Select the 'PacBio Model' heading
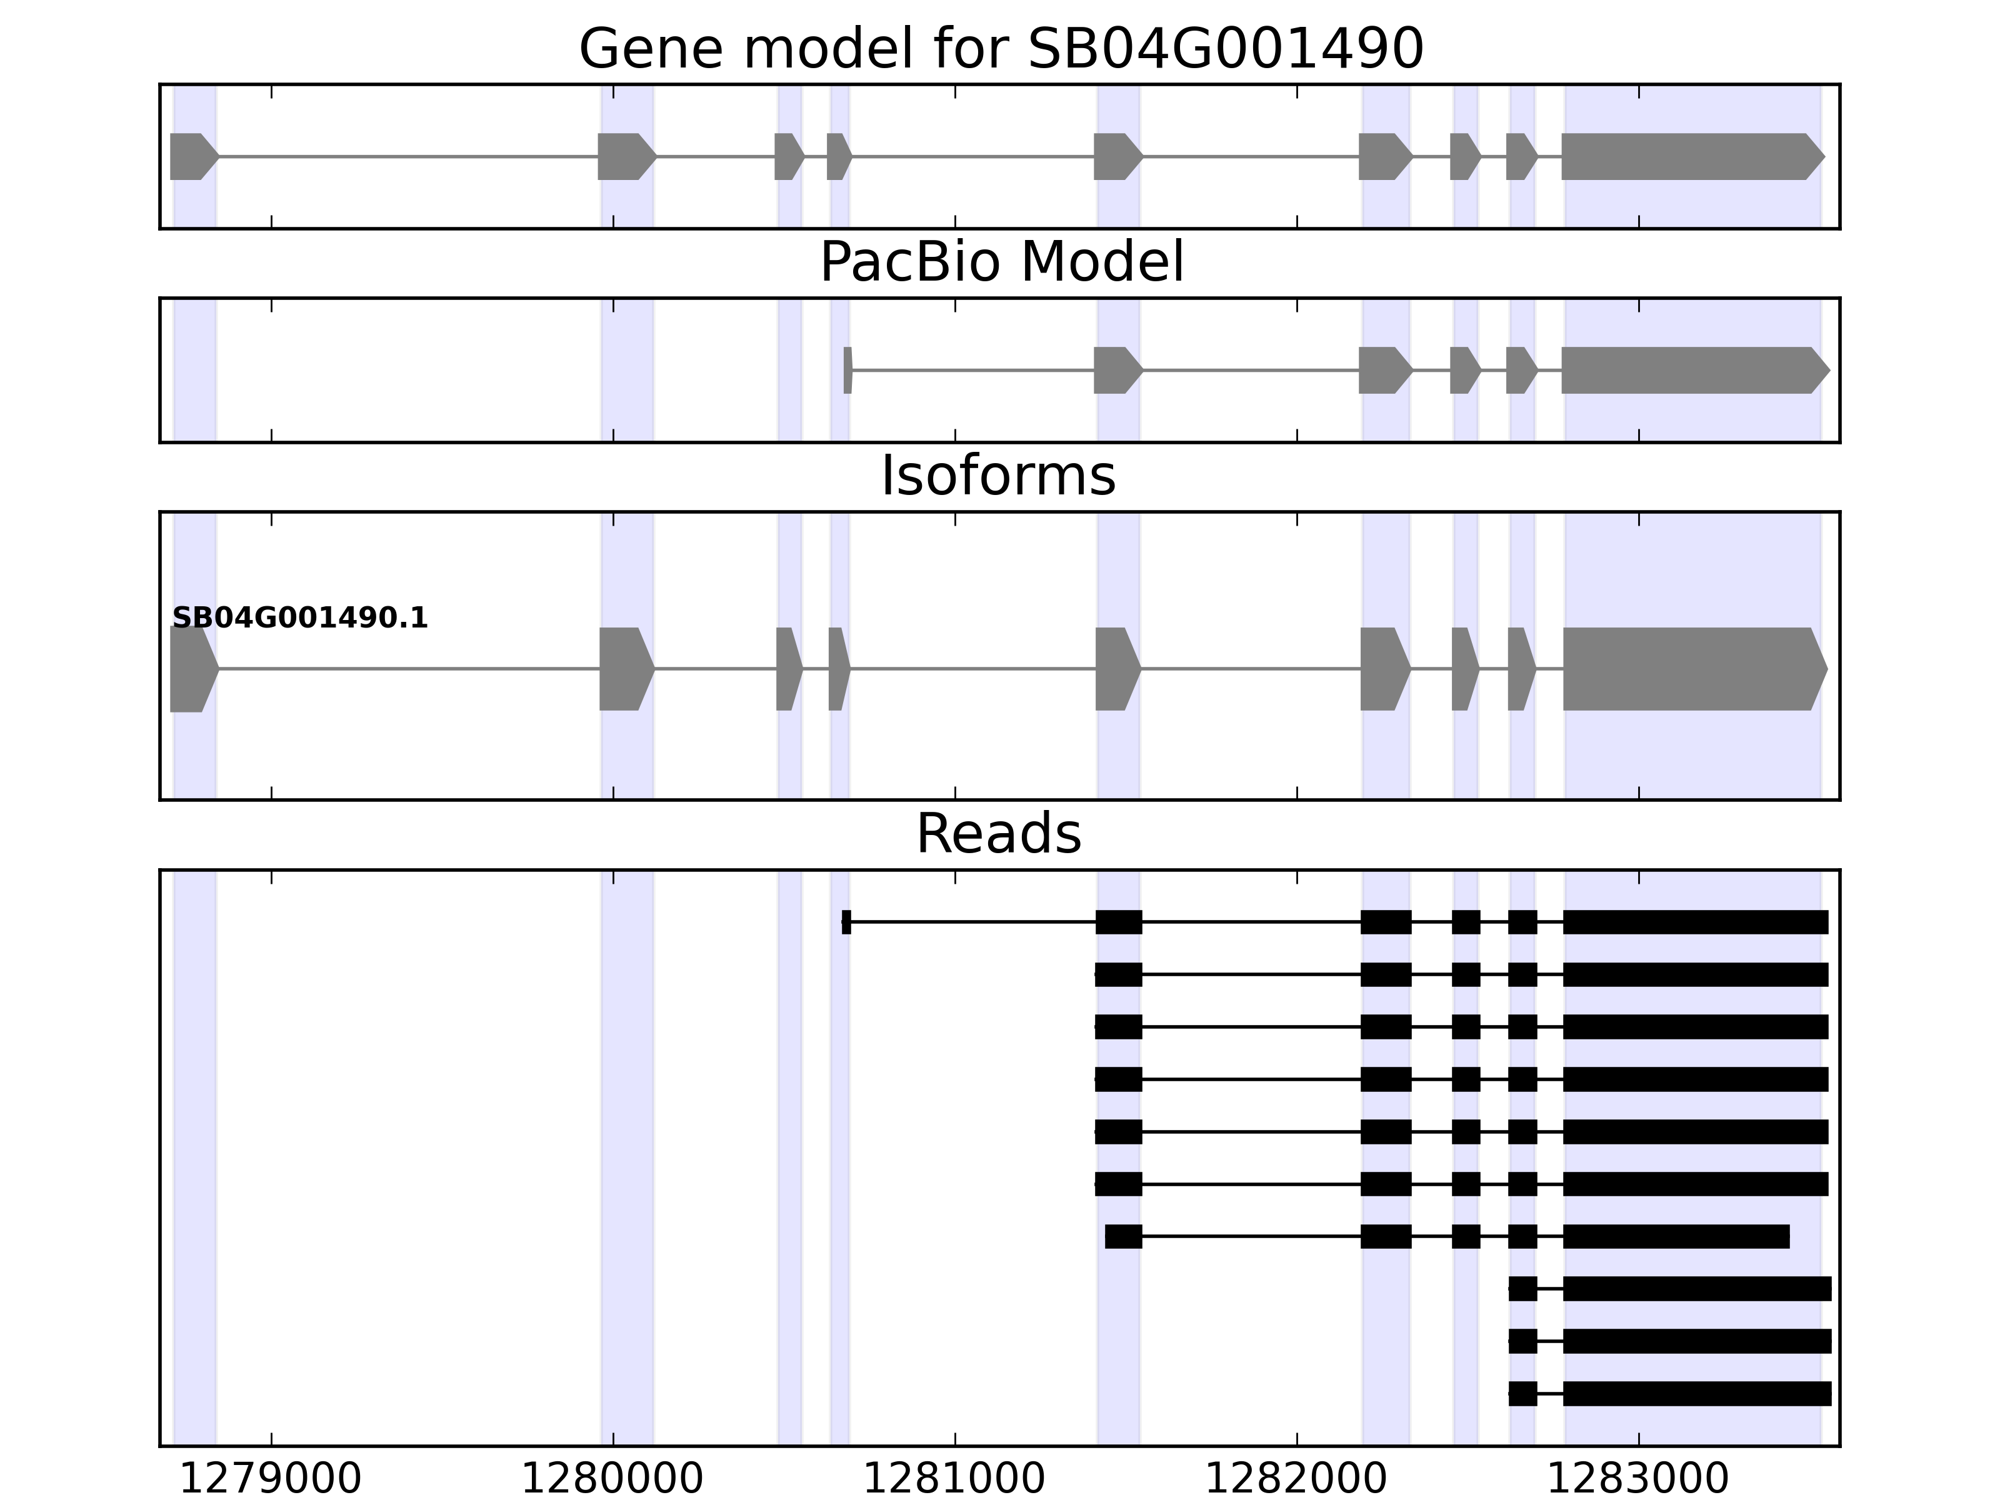coord(1001,262)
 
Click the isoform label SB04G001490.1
coord(299,619)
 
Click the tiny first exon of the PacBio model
coord(847,370)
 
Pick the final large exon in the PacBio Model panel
coord(1691,370)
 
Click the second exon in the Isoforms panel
coord(624,669)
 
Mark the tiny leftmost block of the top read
coord(846,922)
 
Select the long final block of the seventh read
coord(1676,1236)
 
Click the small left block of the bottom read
coord(1522,1393)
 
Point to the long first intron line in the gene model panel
coord(407,156)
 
